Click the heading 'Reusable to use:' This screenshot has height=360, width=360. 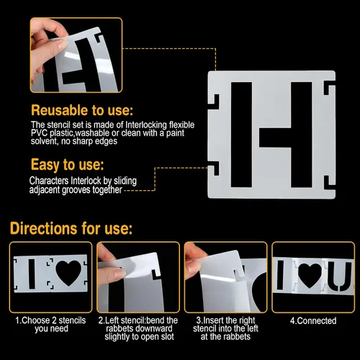(82, 110)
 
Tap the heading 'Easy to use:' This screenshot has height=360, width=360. (68, 165)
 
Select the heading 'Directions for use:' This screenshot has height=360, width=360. (71, 228)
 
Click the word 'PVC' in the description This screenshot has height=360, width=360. (40, 132)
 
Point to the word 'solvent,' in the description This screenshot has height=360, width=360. (45, 141)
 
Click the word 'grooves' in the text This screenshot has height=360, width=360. (76, 190)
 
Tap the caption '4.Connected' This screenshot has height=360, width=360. (313, 321)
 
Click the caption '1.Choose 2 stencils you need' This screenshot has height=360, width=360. (50, 325)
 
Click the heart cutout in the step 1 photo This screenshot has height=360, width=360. (68, 273)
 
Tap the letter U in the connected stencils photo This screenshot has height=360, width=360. (341, 276)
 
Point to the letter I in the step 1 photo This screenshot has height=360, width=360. (32, 274)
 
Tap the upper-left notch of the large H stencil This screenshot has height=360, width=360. (215, 102)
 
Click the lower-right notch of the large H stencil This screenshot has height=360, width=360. (329, 183)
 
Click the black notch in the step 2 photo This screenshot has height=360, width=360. (156, 274)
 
